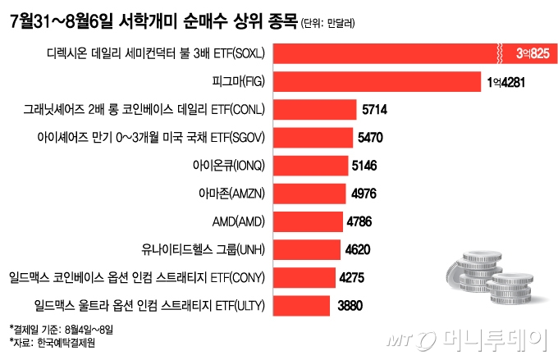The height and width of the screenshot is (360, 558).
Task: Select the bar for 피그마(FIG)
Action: click(x=377, y=82)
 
